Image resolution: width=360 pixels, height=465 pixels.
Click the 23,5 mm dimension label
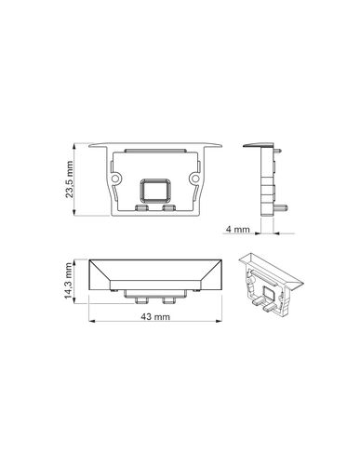click(69, 179)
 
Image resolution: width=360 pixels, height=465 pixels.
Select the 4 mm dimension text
click(238, 230)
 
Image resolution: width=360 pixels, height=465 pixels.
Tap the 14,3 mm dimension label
click(68, 281)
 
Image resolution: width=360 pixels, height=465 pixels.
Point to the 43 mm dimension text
click(155, 316)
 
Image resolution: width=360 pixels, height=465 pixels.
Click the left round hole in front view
click(115, 179)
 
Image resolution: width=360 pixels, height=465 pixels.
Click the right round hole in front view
click(195, 179)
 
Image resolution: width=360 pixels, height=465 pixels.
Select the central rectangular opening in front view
click(155, 190)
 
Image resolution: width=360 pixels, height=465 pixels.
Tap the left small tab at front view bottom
click(141, 207)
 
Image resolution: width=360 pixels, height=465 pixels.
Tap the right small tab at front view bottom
click(169, 207)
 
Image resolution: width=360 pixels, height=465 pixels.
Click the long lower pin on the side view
click(282, 206)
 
